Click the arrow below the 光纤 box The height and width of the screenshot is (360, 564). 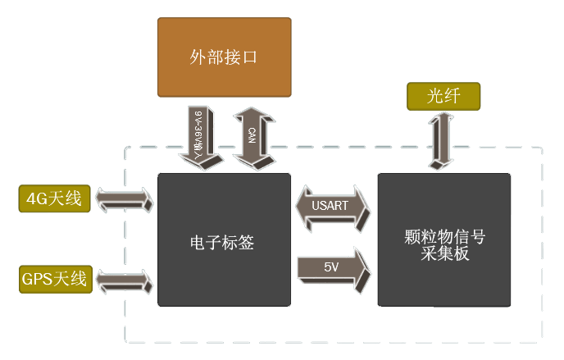[x=443, y=139]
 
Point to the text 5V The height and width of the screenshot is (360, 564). [x=330, y=267]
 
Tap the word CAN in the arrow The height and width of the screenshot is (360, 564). [x=252, y=134]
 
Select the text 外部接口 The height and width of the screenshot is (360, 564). [x=224, y=57]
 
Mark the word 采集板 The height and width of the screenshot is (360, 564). [x=443, y=253]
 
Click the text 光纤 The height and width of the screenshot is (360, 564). [x=443, y=97]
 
